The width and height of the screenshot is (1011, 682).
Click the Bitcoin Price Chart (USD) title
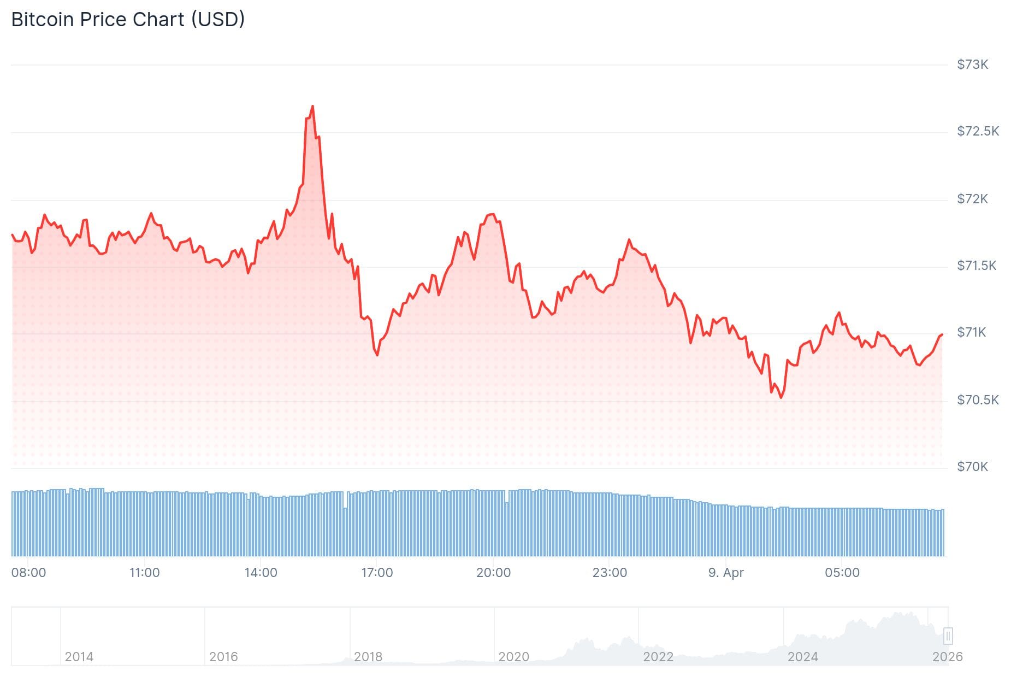[128, 20]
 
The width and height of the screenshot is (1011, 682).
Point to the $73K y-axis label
[972, 64]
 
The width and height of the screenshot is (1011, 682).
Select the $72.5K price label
[978, 131]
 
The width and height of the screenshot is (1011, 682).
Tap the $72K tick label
[972, 199]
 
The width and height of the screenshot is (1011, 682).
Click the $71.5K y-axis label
[977, 266]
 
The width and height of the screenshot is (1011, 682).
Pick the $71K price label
[971, 332]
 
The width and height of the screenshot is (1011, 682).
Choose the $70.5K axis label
[978, 400]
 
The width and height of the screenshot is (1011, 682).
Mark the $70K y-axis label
[972, 467]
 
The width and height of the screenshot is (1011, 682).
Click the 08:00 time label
[28, 573]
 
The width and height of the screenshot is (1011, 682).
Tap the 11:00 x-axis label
[144, 573]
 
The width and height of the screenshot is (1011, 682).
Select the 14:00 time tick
[261, 573]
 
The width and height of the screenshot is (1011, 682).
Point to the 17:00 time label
[377, 573]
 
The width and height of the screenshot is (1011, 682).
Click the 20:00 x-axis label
[493, 573]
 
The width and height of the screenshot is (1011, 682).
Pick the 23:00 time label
[610, 573]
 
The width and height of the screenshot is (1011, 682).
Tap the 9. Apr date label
[726, 573]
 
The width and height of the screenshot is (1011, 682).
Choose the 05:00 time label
[842, 573]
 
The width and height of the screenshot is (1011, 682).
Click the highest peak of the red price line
[312, 106]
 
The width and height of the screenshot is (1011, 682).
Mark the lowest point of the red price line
[781, 397]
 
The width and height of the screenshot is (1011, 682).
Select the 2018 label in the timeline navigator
[368, 656]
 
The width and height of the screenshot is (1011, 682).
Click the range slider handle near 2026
[948, 636]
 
